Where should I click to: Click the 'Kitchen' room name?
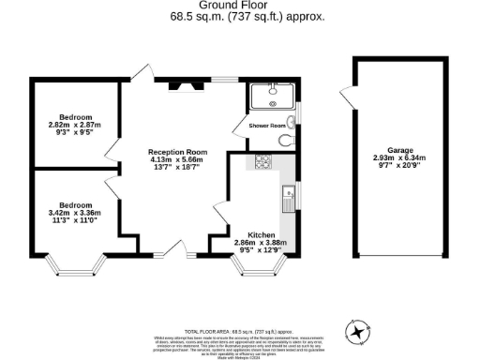click(261, 234)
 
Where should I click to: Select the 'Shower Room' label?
click(266, 125)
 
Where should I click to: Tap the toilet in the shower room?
click(288, 141)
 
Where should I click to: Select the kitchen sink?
click(288, 199)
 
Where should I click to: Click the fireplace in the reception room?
click(183, 86)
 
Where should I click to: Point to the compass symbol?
click(358, 330)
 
